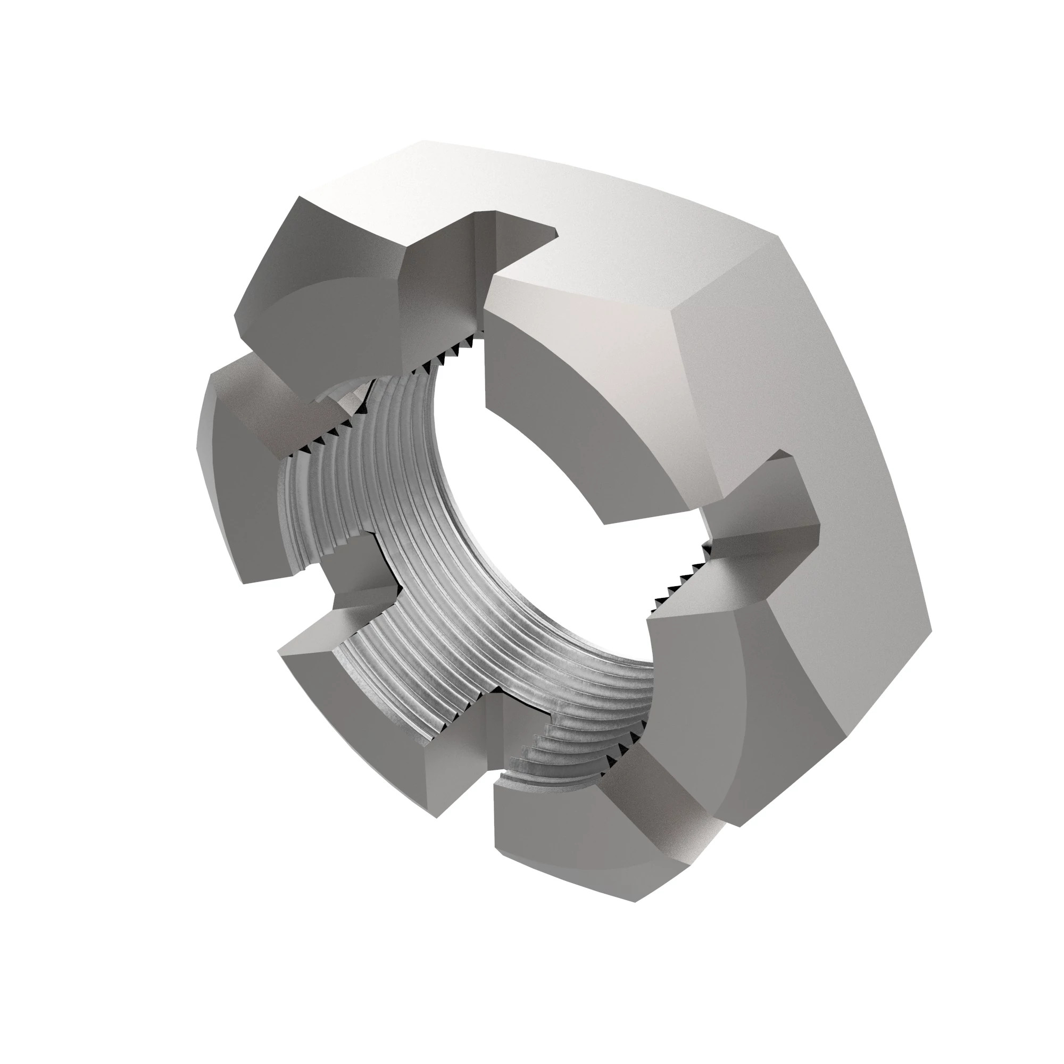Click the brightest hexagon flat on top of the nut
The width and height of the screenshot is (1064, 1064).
551,209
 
